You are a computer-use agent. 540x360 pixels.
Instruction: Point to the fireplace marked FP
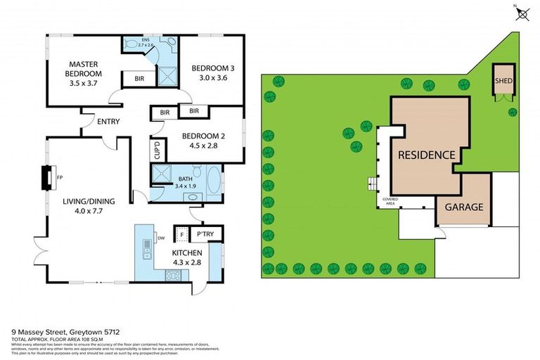point(48,175)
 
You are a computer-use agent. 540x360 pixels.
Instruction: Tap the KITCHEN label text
point(187,252)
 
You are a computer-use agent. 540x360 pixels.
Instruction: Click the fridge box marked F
point(181,234)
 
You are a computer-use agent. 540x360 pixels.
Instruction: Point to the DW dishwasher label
point(161,238)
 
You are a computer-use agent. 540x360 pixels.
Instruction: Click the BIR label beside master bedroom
point(139,79)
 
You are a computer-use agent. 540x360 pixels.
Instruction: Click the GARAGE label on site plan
point(463,207)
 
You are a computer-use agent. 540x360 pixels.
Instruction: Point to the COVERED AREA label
point(390,202)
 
